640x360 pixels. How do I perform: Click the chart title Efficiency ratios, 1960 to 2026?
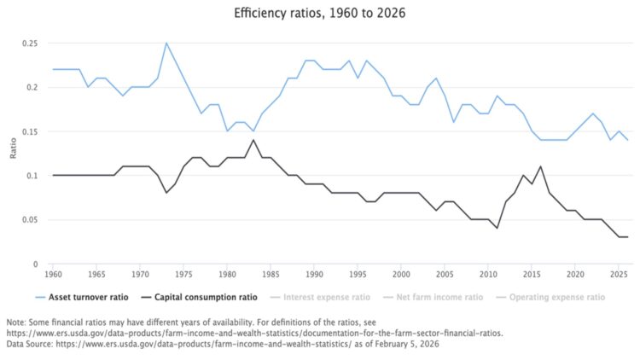tap(319, 15)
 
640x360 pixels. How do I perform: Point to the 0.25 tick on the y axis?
tap(30, 43)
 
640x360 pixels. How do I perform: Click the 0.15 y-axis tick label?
tap(30, 131)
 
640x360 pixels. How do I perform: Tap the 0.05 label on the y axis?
tap(30, 220)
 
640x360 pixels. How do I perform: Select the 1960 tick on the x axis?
tap(52, 275)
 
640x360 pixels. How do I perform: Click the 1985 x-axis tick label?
tap(270, 275)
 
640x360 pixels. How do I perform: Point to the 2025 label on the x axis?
tap(619, 275)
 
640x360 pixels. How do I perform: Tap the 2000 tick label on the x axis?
tap(400, 275)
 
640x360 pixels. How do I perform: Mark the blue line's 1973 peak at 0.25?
tap(166, 43)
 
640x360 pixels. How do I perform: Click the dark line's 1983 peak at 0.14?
tap(253, 140)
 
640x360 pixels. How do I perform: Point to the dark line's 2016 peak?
tap(540, 166)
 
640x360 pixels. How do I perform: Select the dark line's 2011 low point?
tap(497, 228)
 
